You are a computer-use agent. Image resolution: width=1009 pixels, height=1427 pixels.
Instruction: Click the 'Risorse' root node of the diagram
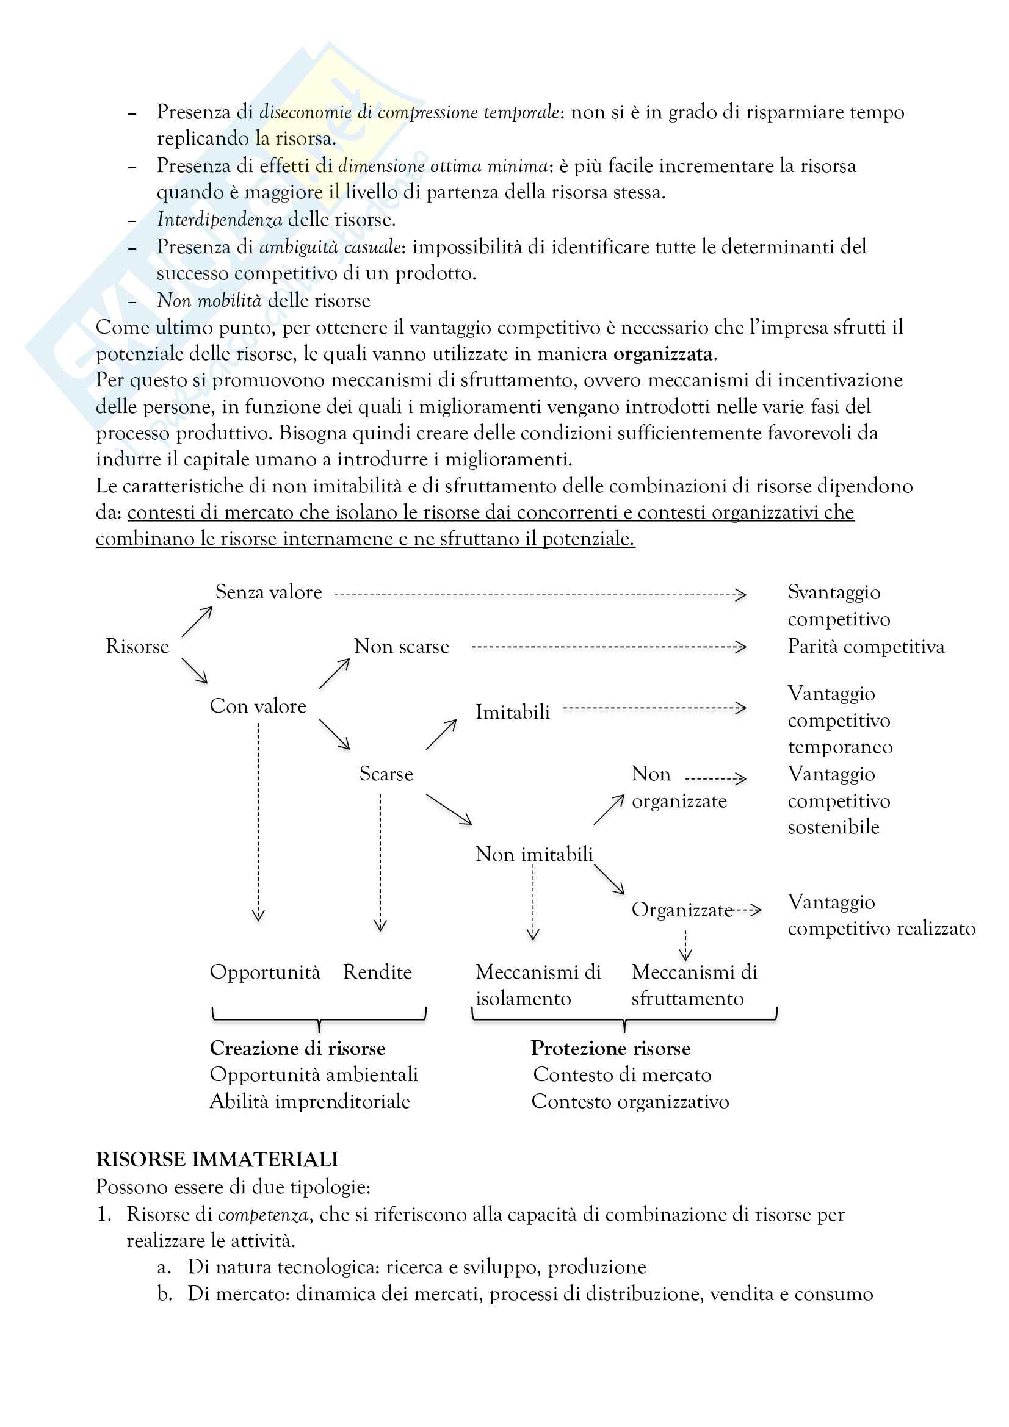point(137,646)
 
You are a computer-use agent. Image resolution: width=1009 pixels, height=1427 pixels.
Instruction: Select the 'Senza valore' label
point(269,592)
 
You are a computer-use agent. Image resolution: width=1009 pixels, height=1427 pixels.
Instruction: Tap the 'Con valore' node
point(258,706)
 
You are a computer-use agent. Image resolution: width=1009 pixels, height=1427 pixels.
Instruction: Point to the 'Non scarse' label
point(402,646)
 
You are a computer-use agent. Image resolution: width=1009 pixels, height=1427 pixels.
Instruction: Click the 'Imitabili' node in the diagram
point(513,711)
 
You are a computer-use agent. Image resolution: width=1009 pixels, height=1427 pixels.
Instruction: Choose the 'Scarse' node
point(386,774)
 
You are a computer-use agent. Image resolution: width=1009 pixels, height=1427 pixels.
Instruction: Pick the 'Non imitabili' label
point(534,854)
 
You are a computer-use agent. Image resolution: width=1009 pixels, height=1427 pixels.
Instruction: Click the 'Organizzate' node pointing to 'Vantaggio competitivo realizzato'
point(682,910)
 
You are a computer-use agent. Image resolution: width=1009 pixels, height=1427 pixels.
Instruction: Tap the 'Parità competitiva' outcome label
point(866,646)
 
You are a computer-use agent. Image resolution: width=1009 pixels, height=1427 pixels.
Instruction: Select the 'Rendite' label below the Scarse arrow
point(377,972)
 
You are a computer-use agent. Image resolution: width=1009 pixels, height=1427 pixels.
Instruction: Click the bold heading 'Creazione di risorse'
point(298,1049)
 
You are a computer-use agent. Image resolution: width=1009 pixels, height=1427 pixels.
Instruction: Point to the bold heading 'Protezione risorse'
point(610,1049)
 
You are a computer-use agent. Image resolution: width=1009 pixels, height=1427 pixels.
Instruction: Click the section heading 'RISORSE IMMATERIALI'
point(217,1160)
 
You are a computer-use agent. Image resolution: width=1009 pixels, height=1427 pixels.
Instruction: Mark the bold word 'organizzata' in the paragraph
point(663,354)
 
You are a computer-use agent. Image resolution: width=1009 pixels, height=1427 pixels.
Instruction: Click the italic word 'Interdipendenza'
point(220,220)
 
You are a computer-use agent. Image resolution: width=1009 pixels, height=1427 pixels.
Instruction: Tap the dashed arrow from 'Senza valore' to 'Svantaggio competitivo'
point(540,595)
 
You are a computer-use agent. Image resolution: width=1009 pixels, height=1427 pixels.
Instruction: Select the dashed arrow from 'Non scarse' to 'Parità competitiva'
point(608,647)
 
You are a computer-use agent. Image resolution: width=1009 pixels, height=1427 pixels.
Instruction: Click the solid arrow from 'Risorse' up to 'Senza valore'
point(197,622)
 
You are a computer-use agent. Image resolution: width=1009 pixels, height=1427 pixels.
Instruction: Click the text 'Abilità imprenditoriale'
point(309,1101)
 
